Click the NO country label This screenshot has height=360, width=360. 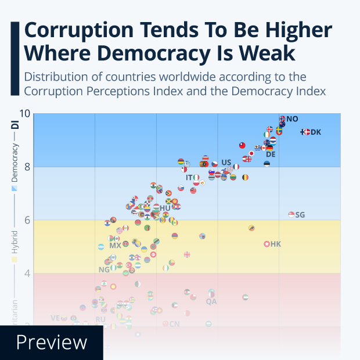point(292,119)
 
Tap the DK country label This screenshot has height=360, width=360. point(316,132)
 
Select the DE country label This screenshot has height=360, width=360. point(271,154)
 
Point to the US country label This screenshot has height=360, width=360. point(226,163)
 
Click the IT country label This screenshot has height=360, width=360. point(189,178)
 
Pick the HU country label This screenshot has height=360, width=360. point(165,208)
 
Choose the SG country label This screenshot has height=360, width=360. point(300,215)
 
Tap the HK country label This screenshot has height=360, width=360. point(276,244)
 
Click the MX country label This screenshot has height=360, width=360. point(116,246)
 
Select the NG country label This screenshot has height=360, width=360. point(105,270)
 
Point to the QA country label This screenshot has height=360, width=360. point(211,301)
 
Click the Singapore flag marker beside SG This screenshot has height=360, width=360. point(291,215)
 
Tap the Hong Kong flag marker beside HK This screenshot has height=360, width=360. point(267,244)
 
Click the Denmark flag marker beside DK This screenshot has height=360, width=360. point(306,132)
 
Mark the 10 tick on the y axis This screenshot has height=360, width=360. point(24,114)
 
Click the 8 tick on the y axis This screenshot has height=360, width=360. point(26,167)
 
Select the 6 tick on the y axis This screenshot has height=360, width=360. point(26,220)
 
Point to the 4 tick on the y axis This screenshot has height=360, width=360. point(26,273)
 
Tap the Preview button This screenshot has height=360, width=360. point(52,343)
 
